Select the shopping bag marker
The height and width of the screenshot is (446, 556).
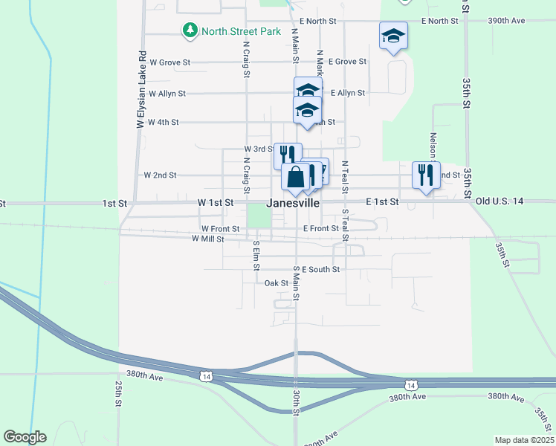[x=295, y=178]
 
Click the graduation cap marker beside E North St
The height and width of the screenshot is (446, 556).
[x=394, y=36]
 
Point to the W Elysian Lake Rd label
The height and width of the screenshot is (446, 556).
[x=139, y=89]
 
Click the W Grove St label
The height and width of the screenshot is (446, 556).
[x=170, y=62]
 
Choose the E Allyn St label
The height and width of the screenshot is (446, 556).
[x=348, y=93]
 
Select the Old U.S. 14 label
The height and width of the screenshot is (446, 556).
[x=500, y=201]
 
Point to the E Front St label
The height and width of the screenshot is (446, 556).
[x=321, y=229]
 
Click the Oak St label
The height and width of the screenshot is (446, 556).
[x=276, y=283]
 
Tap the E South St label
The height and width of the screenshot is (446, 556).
[x=320, y=269]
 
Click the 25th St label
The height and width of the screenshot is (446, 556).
[x=118, y=394]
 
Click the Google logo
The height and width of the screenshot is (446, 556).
[x=25, y=437]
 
